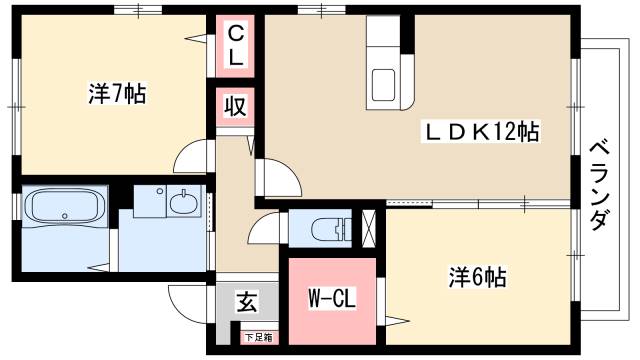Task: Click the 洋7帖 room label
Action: coord(117,96)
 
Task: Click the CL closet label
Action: coord(236,46)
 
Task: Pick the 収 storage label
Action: coord(236,106)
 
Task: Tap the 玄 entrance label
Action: coord(243,303)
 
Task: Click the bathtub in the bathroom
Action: coord(65,208)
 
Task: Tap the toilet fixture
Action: coord(329,229)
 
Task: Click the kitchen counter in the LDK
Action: coord(388,65)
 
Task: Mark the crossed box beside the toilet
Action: coord(369,228)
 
